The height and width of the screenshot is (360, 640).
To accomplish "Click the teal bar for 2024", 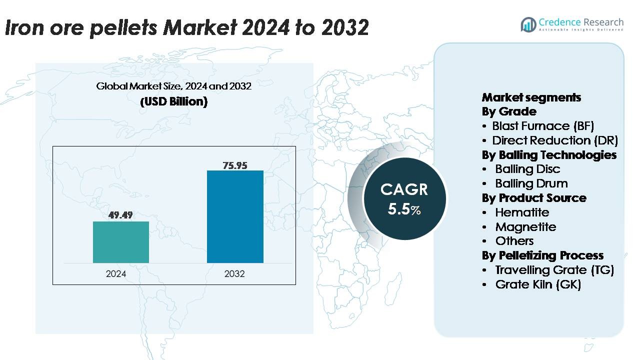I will pos(121,242).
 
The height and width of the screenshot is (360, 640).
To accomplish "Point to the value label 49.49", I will pos(121,215).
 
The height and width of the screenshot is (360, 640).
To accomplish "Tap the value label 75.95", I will pos(235,165).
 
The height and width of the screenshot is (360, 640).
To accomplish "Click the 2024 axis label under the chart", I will pos(116,273).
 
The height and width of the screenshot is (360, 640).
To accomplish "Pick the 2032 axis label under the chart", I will pos(234,273).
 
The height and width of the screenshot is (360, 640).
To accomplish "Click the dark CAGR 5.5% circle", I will pos(404,198).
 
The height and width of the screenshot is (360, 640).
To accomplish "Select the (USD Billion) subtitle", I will pos(173,101).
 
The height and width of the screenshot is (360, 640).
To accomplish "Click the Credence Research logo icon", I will pos(528,24).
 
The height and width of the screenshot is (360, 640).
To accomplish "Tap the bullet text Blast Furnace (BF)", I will pos(543,125).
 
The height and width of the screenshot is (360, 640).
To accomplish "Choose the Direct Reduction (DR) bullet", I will pos(555,140).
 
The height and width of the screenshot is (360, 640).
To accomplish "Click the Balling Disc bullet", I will pos(527,169).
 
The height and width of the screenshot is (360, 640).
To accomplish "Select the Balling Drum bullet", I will pos(531,183).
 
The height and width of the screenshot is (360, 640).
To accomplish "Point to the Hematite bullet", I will pos(522,212).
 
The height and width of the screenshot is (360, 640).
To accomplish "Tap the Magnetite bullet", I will pos(525,226).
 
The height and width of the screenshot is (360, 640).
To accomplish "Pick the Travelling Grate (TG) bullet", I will pos(554,270).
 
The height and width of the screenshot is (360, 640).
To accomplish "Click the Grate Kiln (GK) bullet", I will pos(538,284).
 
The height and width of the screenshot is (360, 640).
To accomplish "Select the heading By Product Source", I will pos(534,198).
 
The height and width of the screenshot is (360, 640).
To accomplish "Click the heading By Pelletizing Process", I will pos(542,255).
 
